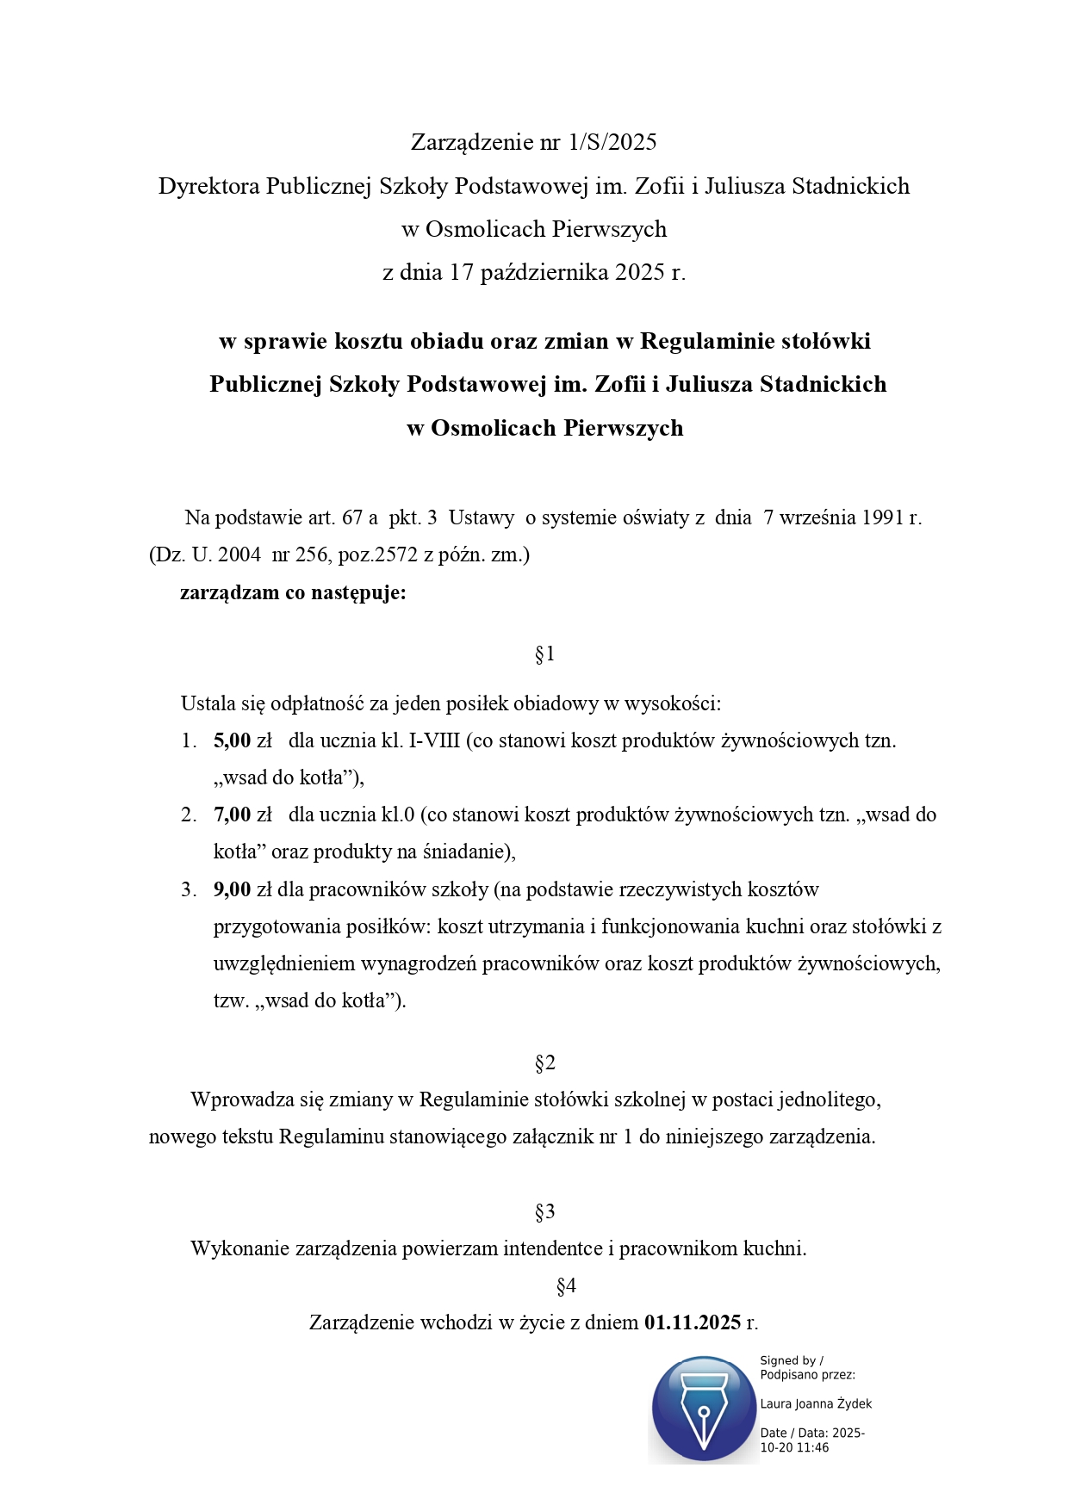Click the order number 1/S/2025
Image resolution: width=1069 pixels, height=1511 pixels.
612,142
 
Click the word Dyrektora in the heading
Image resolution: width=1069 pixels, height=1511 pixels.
208,186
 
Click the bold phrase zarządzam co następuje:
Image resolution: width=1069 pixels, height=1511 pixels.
293,592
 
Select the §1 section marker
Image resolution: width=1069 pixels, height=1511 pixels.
544,654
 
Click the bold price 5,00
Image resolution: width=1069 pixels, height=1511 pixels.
232,740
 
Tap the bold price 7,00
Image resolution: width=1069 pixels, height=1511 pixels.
232,814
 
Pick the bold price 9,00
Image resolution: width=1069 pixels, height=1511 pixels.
232,889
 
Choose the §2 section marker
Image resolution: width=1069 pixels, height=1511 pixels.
544,1063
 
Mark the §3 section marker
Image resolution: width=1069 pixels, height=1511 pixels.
544,1212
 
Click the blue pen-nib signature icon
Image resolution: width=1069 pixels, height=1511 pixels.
703,1409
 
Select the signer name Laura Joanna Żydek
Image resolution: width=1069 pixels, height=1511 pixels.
816,1404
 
